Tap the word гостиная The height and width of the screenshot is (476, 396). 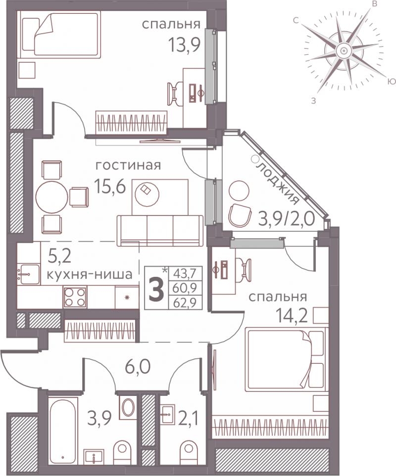128,166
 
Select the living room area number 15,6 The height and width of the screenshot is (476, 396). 110,186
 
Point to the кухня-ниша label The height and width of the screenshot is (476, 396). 90,274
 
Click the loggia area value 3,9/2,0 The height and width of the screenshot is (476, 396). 286,218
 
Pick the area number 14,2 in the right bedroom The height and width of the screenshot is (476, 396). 292,315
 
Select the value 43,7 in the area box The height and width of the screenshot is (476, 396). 185,275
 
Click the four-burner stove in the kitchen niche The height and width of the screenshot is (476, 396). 75,297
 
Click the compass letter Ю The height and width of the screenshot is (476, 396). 392,82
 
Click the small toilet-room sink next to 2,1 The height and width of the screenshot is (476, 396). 167,414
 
